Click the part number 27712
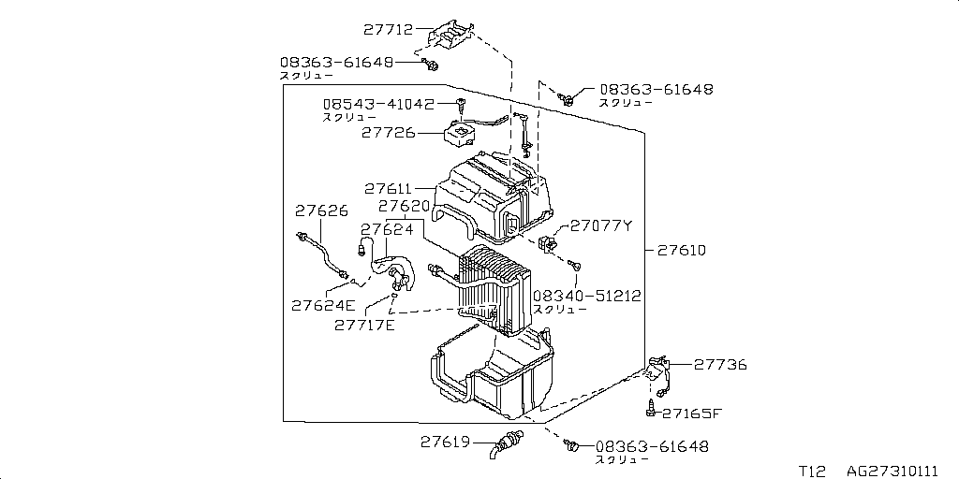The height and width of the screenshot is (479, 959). coord(389,29)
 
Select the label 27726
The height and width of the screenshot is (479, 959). coord(389,133)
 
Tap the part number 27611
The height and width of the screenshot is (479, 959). coord(389,189)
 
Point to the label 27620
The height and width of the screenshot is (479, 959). coord(404,207)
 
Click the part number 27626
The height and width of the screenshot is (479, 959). coord(322,210)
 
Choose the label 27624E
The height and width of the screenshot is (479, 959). coord(323,306)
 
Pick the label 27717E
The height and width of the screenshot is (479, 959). coord(364,325)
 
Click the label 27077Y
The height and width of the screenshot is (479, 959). coord(601,226)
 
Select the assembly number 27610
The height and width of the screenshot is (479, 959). coord(682,251)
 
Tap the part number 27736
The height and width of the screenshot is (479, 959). coord(720,365)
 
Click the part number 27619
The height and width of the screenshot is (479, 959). coord(445,442)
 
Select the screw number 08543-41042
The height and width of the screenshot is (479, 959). coord(378,105)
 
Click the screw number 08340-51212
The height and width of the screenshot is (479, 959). coord(587,296)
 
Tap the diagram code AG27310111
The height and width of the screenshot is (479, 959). coord(893,472)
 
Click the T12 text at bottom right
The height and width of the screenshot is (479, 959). coord(812,472)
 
